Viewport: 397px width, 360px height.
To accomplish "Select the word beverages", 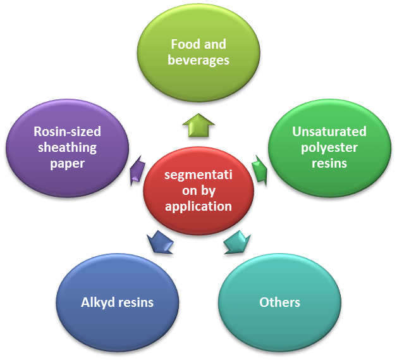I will [x=198, y=61].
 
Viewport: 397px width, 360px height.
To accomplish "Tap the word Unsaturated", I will [x=329, y=132].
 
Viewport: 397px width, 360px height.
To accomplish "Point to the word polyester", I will [x=329, y=147].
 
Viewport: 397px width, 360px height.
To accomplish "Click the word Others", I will [x=279, y=302].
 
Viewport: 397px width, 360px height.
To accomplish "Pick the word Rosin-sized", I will [x=67, y=132].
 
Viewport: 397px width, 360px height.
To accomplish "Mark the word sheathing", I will [x=67, y=147].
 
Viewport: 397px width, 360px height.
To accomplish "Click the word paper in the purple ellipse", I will [x=67, y=163].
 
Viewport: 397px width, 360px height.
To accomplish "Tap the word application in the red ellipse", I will [x=198, y=206].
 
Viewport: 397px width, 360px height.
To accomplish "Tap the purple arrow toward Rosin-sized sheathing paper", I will [x=136, y=171].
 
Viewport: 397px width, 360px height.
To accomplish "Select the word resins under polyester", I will [x=329, y=163].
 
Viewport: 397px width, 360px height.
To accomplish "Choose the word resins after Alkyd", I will [x=135, y=302].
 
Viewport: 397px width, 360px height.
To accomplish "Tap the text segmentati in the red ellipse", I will [x=198, y=175].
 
